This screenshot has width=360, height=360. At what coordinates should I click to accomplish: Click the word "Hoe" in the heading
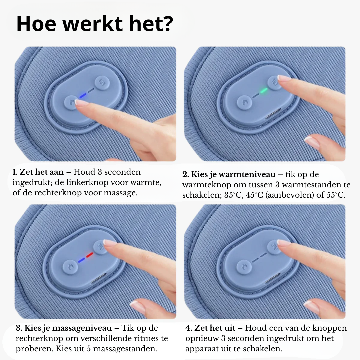coord(36,24)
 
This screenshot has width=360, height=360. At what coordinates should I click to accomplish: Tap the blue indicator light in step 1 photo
coord(83,96)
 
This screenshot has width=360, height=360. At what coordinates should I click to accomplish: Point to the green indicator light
coord(263,91)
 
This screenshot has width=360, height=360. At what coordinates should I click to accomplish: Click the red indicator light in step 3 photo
coord(90,255)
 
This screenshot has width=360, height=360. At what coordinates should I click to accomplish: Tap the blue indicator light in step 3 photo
coord(82,260)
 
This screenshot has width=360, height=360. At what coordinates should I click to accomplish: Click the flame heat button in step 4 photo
coord(244,267)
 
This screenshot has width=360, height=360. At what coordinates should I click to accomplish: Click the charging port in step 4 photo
coord(273,278)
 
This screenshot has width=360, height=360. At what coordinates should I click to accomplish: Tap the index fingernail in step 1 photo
coord(82,102)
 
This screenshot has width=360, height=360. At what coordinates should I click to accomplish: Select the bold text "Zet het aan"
coord(42,172)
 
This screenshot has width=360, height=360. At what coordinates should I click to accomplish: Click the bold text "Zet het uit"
coord(215,328)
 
